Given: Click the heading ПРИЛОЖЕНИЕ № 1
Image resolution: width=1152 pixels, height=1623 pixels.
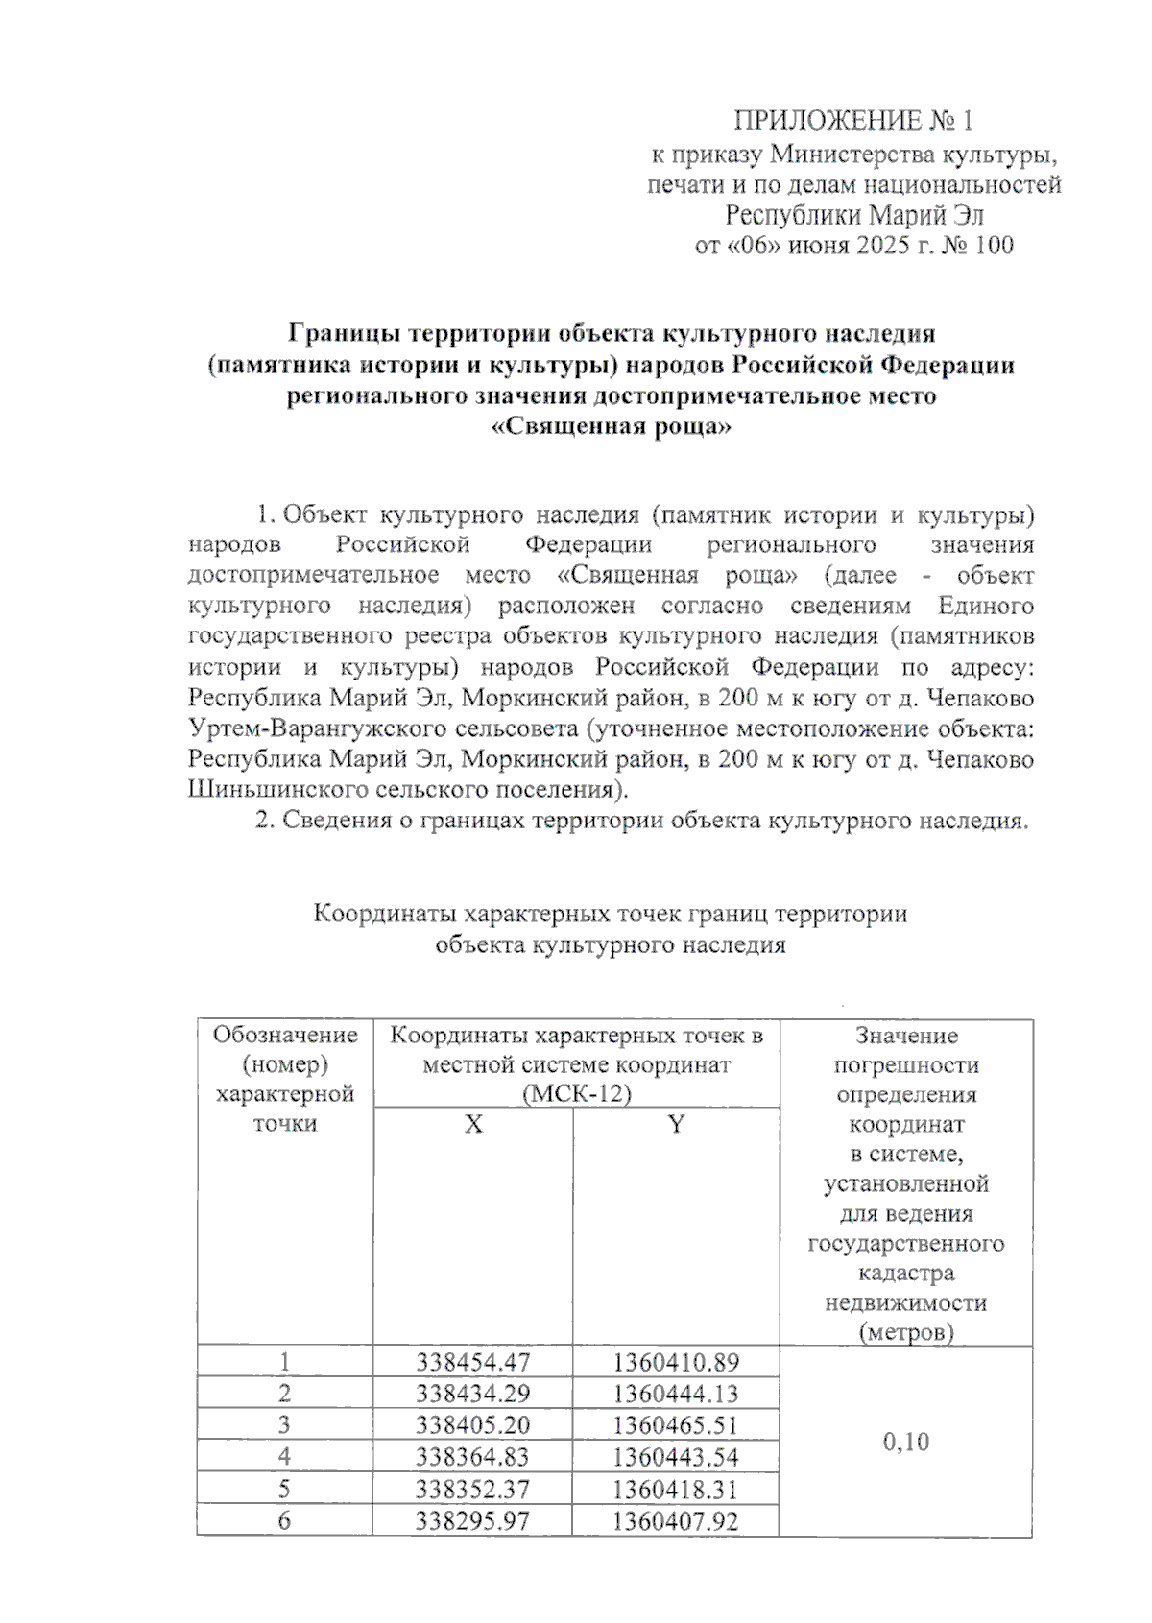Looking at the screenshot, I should [853, 121].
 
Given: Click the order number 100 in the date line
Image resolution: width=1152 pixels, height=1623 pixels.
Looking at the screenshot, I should [994, 246].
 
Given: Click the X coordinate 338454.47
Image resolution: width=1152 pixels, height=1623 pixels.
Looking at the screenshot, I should [472, 1362].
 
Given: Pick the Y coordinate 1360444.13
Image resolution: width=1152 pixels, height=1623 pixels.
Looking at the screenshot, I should [676, 1394].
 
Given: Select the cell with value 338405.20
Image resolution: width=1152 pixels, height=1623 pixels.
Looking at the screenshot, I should [472, 1425].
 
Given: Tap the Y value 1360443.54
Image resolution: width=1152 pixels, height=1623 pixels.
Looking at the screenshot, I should [676, 1457].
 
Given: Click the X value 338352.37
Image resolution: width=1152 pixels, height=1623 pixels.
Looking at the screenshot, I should [472, 1489].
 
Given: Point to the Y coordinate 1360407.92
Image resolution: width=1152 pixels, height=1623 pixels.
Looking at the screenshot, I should [676, 1520].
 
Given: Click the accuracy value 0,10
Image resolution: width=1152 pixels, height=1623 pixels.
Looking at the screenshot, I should [905, 1442].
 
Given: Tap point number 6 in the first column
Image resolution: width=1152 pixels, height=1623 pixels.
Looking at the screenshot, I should [284, 1520].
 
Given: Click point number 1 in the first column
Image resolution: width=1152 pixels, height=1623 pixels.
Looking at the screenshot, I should [284, 1362].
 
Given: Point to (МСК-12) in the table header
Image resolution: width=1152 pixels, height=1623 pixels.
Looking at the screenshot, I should [577, 1094].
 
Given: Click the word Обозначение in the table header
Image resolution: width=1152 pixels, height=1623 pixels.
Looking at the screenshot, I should [285, 1035].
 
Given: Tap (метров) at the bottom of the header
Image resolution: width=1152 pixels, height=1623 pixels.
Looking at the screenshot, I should [906, 1332].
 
